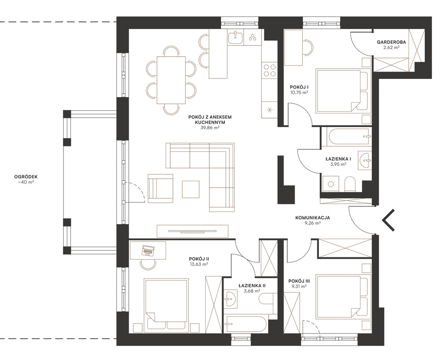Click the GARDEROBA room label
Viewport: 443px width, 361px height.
391,42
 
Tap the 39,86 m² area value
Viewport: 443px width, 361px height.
210,128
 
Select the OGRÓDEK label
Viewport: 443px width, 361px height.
26,177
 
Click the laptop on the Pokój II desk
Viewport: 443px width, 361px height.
148,250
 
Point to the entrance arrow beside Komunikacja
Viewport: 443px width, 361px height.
388,220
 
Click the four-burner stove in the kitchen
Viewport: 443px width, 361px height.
269,71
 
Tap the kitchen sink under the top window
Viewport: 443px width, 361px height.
235,38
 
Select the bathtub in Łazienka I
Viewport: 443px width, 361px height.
349,137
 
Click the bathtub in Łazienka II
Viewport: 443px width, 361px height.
246,324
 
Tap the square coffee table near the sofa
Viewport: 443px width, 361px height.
191,189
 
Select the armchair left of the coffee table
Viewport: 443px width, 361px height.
160,188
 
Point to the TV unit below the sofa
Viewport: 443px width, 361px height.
193,231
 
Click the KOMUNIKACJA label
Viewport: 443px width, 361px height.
312,218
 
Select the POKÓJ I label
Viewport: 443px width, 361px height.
298,87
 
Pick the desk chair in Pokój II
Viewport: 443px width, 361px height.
148,264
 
